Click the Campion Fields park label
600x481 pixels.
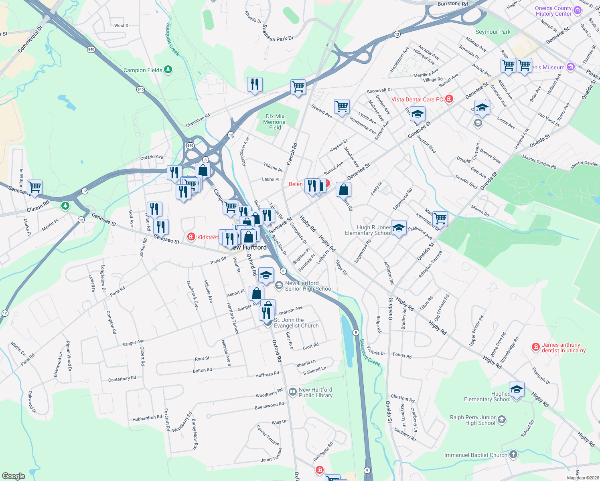[x=143, y=70]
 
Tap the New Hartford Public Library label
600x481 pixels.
[x=316, y=392]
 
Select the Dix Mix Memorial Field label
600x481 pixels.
[x=275, y=122]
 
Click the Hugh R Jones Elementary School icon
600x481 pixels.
[x=399, y=228]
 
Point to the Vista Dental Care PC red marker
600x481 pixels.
[x=449, y=99]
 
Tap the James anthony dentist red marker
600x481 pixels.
[x=535, y=347]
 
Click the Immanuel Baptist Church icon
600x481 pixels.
[x=513, y=455]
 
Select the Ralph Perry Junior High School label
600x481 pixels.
[x=473, y=420]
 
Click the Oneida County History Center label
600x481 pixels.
[x=553, y=11]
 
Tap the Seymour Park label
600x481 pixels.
[x=493, y=32]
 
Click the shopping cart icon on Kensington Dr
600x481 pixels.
[x=440, y=218]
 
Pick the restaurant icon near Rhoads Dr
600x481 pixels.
[x=255, y=85]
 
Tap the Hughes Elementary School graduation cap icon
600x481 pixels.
[x=517, y=389]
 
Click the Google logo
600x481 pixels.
[x=13, y=476]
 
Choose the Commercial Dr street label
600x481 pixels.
[x=30, y=39]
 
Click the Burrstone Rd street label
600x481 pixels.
[x=452, y=4]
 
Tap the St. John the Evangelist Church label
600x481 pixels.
[x=296, y=323]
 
